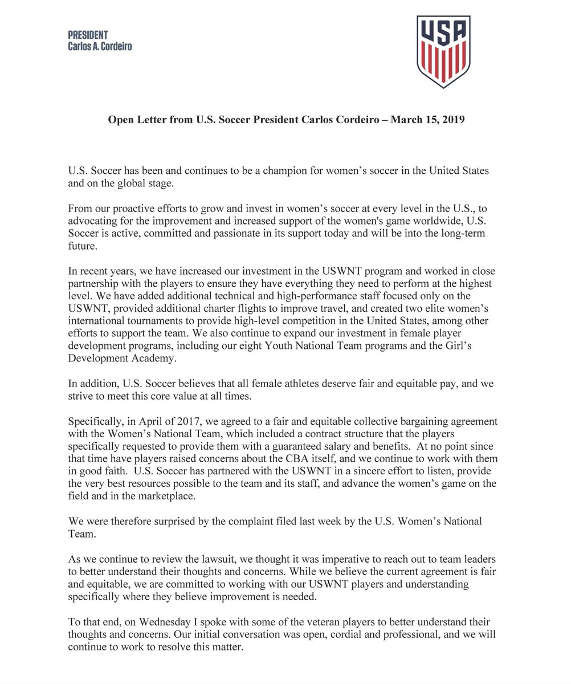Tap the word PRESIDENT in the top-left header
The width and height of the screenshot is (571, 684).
pos(88,35)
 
